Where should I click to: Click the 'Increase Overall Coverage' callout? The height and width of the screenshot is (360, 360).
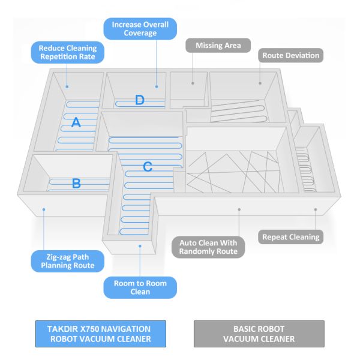point(140,29)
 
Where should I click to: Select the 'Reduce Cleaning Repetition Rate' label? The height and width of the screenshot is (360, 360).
point(67,52)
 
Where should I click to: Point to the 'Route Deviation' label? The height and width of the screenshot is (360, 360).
point(291,56)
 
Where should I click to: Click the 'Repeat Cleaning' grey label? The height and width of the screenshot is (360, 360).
point(291,237)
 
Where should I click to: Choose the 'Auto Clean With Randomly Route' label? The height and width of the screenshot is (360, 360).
point(212,247)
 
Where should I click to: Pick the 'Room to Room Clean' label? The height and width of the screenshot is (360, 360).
point(140,287)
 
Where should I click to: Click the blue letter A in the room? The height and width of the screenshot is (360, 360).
point(76,122)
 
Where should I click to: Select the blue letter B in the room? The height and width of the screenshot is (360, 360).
point(76,184)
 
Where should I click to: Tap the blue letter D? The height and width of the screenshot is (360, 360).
point(139,100)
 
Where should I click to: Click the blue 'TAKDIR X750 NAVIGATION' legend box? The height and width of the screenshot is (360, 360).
point(98,334)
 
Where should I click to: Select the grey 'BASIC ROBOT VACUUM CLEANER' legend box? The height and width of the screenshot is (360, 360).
point(258,334)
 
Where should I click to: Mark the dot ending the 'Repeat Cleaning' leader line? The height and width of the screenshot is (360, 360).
point(316,209)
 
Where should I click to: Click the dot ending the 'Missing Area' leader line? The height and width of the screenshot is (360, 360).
point(193,83)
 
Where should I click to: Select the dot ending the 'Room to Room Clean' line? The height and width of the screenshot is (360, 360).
point(140,245)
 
